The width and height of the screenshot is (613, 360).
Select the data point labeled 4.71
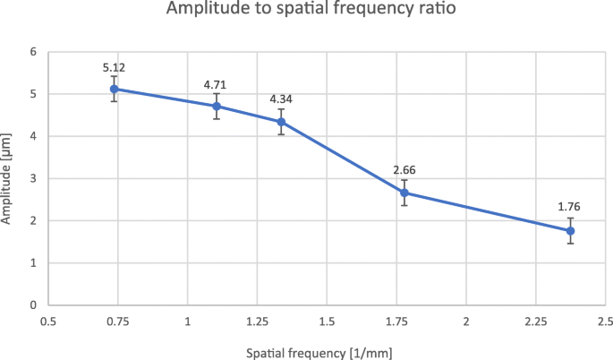[x=216, y=106]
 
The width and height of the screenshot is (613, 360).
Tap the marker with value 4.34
[x=281, y=122]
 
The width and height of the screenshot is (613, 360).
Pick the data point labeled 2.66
[x=404, y=193]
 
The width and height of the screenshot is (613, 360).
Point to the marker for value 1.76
[x=570, y=230]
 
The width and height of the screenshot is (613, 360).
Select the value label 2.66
[x=404, y=169]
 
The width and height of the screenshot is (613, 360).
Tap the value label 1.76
[x=570, y=207]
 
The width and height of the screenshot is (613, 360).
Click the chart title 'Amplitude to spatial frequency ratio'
[x=306, y=13]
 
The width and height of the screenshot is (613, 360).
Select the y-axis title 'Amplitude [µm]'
[x=10, y=178]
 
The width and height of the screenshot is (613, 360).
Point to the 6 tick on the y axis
[x=33, y=52]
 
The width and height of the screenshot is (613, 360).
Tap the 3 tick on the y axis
[x=33, y=178]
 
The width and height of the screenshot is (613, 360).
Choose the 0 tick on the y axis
[x=33, y=305]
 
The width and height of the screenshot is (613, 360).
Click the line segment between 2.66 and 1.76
[x=488, y=211]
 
